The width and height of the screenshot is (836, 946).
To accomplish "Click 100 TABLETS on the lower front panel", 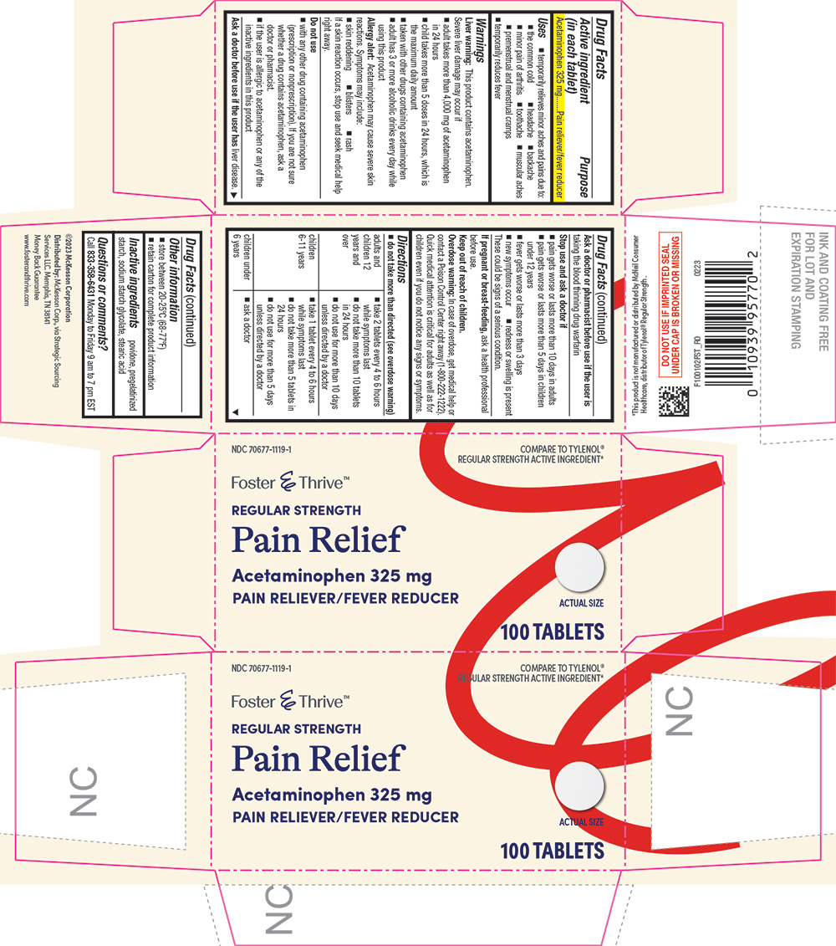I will pyautogui.click(x=552, y=851).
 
